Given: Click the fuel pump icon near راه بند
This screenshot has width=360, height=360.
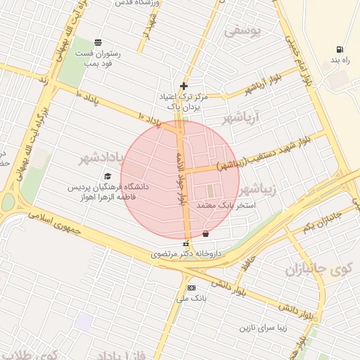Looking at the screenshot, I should [340, 50].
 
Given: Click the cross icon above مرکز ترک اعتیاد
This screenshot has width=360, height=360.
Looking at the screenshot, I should [184, 85].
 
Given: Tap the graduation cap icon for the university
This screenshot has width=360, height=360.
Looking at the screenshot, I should [108, 176].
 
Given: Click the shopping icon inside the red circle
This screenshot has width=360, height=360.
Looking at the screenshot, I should [205, 233].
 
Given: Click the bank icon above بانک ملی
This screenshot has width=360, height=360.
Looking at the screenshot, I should [191, 288].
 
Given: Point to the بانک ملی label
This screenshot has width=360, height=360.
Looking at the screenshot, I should [191, 298].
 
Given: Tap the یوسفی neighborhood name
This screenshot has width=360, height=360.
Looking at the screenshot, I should [243, 31].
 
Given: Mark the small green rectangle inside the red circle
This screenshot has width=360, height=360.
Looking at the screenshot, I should [209, 190].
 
